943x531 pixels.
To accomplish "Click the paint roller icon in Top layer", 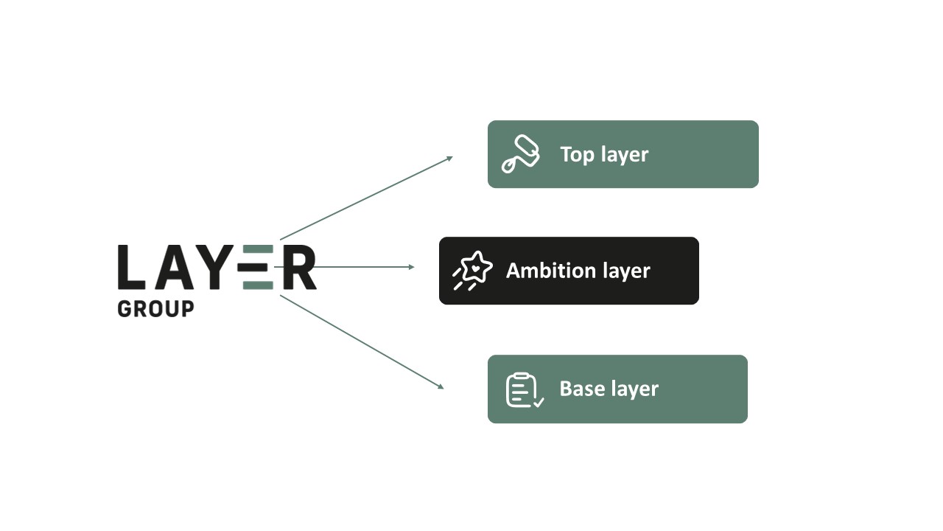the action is pos(521,154).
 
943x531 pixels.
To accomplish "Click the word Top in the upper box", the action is pos(577,155).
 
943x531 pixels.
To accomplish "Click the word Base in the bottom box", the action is pos(582,389).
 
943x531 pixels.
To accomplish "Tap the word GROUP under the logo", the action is pos(155,309).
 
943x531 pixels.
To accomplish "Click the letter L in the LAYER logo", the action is pos(131,267).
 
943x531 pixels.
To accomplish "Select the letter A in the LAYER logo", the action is pos(175,267).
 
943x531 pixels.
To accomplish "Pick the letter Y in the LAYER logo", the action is pos(214,267).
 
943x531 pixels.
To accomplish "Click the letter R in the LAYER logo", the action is pos(299,267).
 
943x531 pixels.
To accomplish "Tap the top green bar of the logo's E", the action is pos(258,249).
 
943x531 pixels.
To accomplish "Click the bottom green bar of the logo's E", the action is pos(258,285).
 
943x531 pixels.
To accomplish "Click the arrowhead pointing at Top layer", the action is pos(449,159).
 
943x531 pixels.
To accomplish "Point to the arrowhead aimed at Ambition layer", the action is pos(411,267).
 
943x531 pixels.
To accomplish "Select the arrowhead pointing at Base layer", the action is pos(441,386).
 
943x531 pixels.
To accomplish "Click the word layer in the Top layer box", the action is pos(625,155).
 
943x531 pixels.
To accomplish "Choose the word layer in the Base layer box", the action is pos(635,389).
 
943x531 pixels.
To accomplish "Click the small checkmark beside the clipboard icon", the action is pos(539,403).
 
